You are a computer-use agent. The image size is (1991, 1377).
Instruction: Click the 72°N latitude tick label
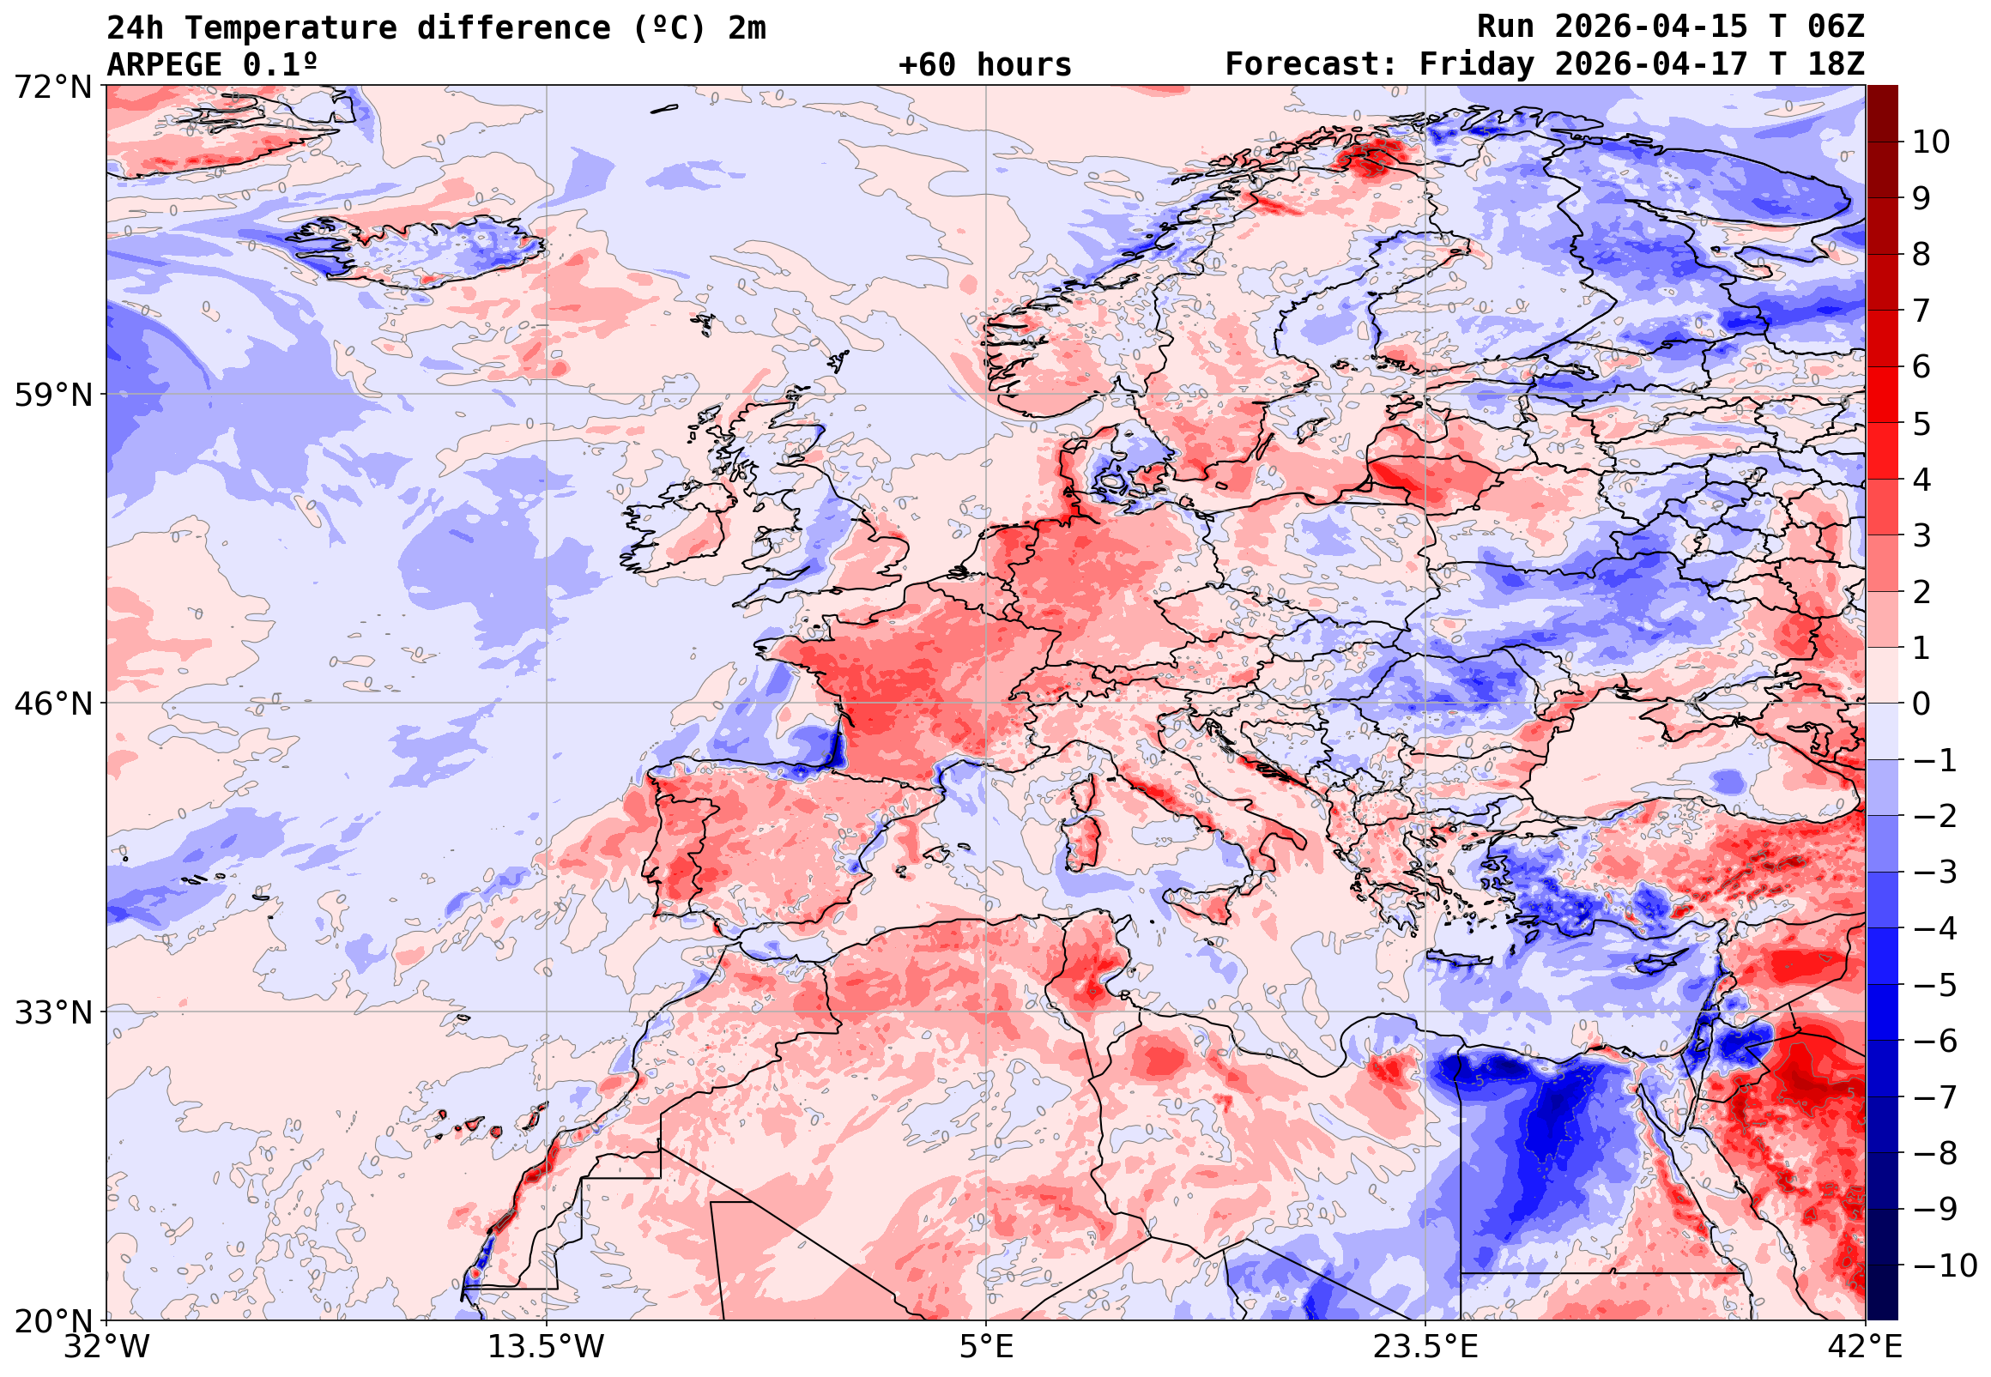coord(51,87)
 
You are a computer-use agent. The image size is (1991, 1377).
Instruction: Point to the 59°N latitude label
coord(51,396)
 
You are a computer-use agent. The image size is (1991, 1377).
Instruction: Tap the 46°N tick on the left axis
coord(51,704)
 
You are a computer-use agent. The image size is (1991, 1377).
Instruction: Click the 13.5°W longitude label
coord(547,1347)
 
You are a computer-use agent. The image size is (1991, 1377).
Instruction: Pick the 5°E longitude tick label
coord(986,1347)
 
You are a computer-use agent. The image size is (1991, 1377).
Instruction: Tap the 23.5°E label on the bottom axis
coord(1425,1347)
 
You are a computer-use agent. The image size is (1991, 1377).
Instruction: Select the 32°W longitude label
coord(106,1347)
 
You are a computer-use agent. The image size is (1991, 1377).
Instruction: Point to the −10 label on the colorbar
coord(1946,1265)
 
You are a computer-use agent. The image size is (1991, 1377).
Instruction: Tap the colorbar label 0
coord(1921,704)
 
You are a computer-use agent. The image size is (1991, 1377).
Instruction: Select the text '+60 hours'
coord(984,64)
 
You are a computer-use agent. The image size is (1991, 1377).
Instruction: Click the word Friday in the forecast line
coord(1477,64)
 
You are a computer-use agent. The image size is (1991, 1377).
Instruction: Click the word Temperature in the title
coord(290,27)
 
